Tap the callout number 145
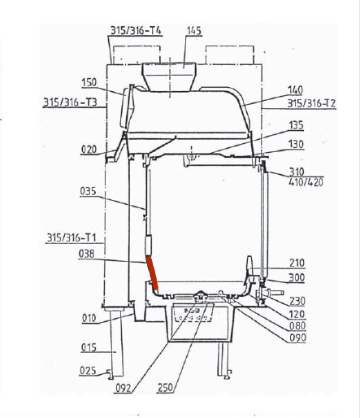[194, 31]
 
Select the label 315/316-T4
[136, 30]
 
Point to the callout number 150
[89, 82]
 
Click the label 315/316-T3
[70, 102]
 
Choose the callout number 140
[295, 90]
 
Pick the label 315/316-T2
[311, 103]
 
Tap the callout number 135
[296, 125]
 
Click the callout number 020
[89, 150]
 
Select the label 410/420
[306, 182]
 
